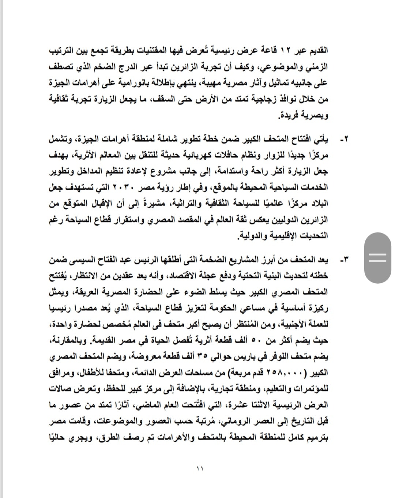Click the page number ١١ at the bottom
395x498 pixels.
click(199, 468)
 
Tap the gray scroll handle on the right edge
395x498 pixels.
click(377, 258)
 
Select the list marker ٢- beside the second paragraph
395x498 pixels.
click(344, 140)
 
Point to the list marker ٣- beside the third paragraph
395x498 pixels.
click(344, 260)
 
